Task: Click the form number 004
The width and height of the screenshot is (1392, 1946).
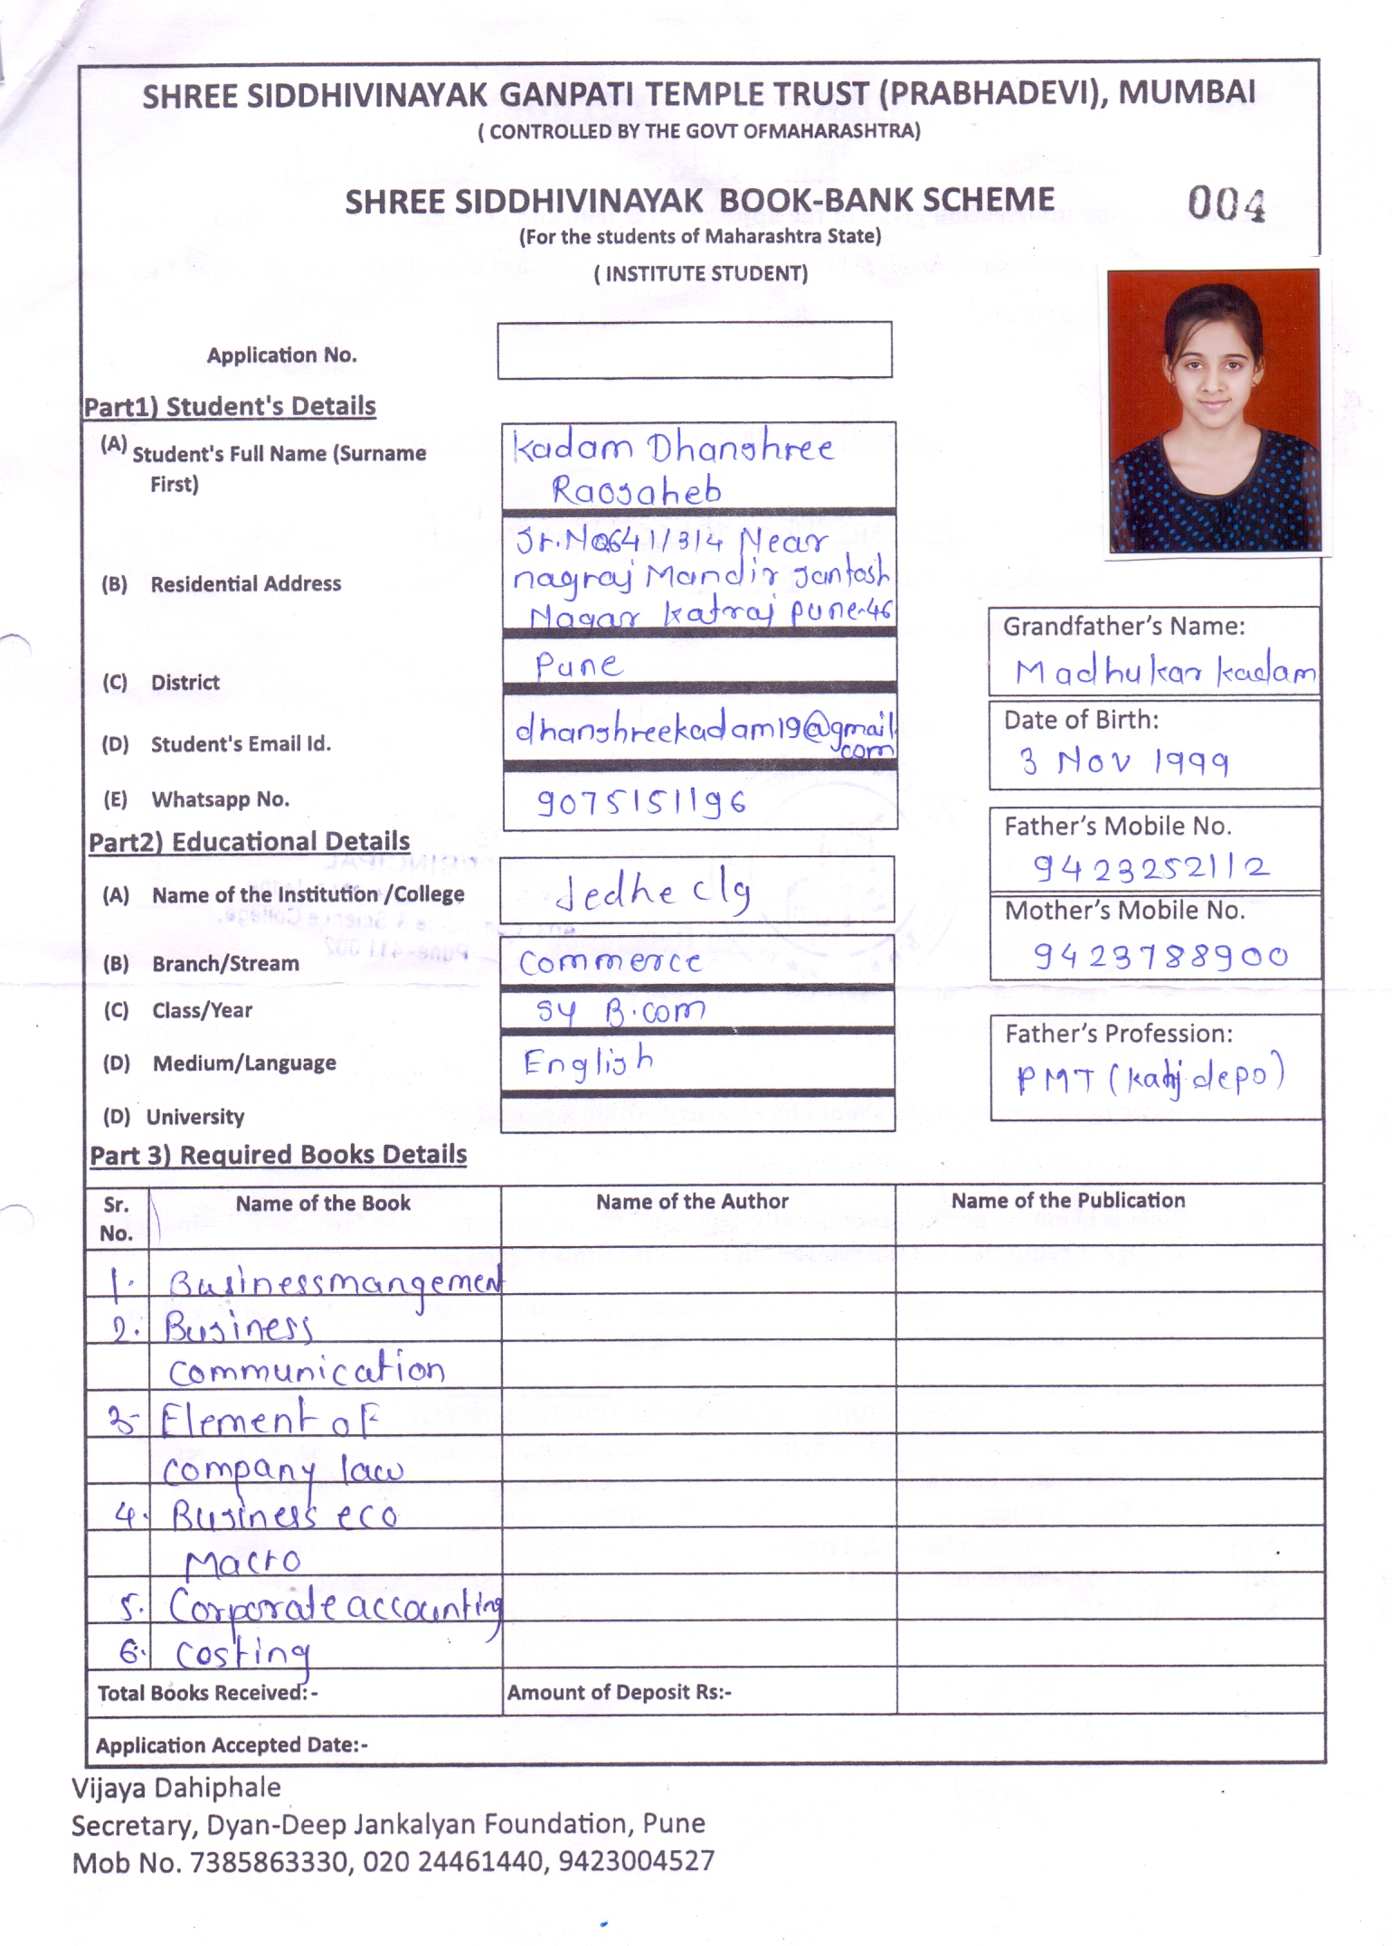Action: (1226, 204)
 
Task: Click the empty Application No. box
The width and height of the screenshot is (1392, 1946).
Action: (694, 350)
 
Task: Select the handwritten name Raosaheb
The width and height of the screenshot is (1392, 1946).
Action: (637, 491)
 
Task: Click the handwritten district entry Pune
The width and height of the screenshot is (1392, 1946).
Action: (579, 666)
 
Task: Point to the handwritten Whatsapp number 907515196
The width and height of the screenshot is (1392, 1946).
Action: (641, 801)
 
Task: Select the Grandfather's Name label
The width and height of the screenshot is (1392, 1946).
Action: (1123, 626)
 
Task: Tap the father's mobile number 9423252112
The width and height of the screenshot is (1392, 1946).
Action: (1151, 868)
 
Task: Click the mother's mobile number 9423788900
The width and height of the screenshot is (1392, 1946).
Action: (1160, 956)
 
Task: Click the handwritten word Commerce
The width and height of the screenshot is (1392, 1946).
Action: (611, 962)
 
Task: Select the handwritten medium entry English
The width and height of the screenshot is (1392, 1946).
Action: (588, 1063)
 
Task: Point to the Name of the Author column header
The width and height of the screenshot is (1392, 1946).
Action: (692, 1202)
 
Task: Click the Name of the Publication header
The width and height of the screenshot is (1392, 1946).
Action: (1067, 1201)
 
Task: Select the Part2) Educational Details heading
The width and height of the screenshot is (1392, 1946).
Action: (249, 842)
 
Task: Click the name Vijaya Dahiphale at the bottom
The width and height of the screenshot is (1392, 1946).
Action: (176, 1788)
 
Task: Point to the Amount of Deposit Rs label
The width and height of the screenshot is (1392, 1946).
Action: (619, 1693)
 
